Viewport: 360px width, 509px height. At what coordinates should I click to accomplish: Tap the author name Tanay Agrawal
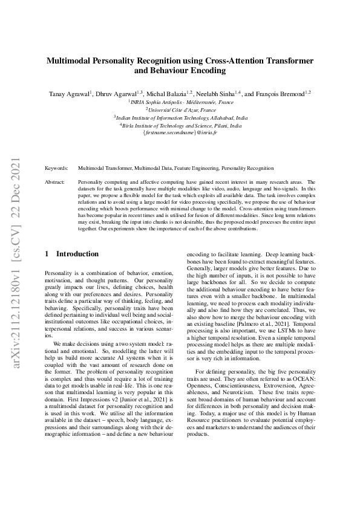[70, 94]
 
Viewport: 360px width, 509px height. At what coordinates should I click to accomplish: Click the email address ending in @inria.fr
[180, 133]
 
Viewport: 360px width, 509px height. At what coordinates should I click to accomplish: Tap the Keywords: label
[57, 168]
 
